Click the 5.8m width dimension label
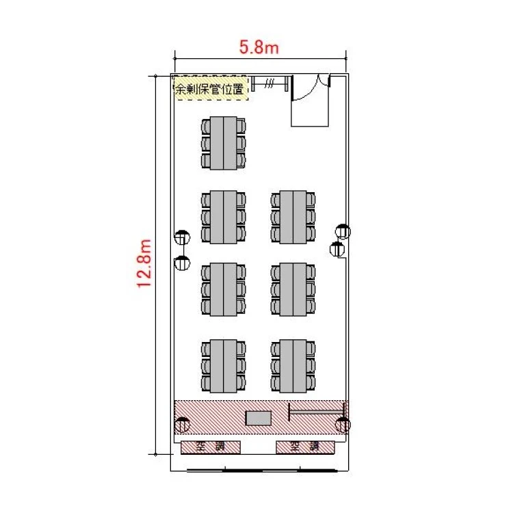pyautogui.click(x=259, y=47)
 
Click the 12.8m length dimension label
pyautogui.click(x=144, y=264)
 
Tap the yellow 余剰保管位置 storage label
pyautogui.click(x=211, y=88)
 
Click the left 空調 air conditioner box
pyautogui.click(x=211, y=447)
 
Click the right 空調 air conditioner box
pyautogui.click(x=305, y=447)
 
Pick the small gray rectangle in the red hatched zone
pyautogui.click(x=259, y=418)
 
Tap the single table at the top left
pyautogui.click(x=224, y=143)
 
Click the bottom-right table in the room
pyautogui.click(x=293, y=366)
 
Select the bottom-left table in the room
pyautogui.click(x=224, y=366)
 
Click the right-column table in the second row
pyautogui.click(x=293, y=218)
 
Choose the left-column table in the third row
pyautogui.click(x=224, y=289)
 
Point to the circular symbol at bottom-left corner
pyautogui.click(x=182, y=425)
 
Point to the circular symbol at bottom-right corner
pyautogui.click(x=343, y=425)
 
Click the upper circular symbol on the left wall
pyautogui.click(x=182, y=237)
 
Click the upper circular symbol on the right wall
pyautogui.click(x=343, y=232)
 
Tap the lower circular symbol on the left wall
pyautogui.click(x=182, y=263)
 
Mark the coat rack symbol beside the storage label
pyautogui.click(x=270, y=83)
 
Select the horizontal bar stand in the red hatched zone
pyautogui.click(x=317, y=412)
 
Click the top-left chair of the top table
pyautogui.click(x=206, y=126)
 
